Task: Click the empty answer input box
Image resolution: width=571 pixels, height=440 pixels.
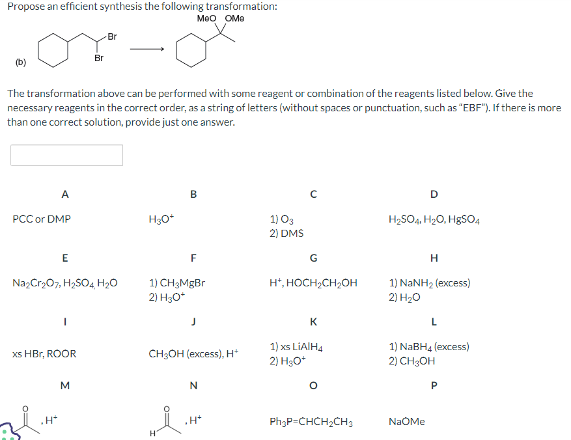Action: pyautogui.click(x=66, y=155)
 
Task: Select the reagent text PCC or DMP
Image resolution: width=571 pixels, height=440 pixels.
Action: pyautogui.click(x=42, y=219)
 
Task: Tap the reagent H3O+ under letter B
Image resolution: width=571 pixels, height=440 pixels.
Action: pyautogui.click(x=162, y=219)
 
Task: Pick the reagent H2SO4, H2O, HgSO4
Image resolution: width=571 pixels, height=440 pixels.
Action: pyautogui.click(x=434, y=219)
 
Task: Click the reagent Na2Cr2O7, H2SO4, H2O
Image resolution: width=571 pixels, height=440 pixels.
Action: pyautogui.click(x=65, y=283)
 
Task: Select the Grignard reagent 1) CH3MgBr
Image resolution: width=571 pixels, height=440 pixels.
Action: pyautogui.click(x=177, y=283)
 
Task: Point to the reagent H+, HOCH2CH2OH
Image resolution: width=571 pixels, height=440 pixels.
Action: pyautogui.click(x=313, y=283)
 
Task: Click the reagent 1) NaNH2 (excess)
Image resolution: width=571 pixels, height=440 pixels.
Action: pyautogui.click(x=429, y=283)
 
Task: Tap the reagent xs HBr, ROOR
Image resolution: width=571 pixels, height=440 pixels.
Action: pyautogui.click(x=44, y=354)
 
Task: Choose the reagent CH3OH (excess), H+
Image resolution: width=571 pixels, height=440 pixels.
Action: pyautogui.click(x=193, y=354)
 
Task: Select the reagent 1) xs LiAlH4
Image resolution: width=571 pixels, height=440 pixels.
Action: pyautogui.click(x=296, y=348)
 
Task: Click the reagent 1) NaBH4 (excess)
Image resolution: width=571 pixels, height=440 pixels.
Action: pyautogui.click(x=429, y=348)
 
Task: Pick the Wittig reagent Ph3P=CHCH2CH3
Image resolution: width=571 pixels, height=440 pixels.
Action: pyautogui.click(x=311, y=422)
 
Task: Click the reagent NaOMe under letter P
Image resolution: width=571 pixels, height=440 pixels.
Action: pyautogui.click(x=407, y=422)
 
